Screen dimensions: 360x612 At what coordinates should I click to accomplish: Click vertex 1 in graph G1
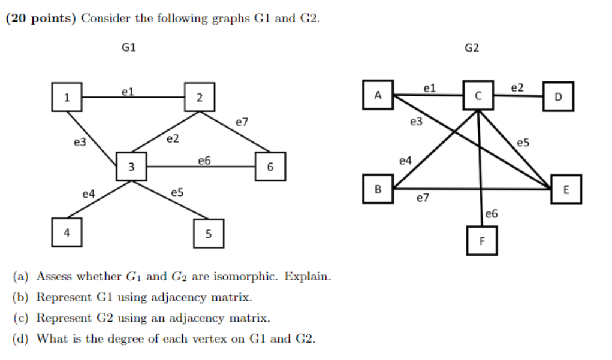(x=67, y=97)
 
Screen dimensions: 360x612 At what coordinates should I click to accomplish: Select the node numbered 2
(x=200, y=98)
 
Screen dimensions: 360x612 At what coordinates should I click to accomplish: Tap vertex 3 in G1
(x=131, y=167)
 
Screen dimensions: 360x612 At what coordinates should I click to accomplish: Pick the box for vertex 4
(x=67, y=233)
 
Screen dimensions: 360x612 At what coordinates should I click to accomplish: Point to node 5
(x=209, y=234)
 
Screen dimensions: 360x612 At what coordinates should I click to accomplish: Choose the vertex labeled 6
(x=270, y=167)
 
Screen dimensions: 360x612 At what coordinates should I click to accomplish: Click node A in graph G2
(x=378, y=95)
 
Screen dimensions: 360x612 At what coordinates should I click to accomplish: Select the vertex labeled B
(x=378, y=189)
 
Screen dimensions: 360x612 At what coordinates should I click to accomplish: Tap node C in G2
(x=478, y=95)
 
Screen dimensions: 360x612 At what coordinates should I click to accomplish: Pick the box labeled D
(x=558, y=96)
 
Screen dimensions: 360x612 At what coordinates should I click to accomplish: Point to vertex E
(x=566, y=190)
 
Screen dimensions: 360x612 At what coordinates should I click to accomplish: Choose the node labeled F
(x=482, y=241)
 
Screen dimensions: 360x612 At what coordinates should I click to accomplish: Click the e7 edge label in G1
(x=242, y=122)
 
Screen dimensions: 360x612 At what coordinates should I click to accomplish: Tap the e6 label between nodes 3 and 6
(x=204, y=161)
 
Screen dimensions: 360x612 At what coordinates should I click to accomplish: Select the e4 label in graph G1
(x=89, y=193)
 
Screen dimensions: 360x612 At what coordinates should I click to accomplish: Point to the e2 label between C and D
(x=517, y=88)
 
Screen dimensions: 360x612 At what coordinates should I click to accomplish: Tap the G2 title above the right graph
(x=472, y=47)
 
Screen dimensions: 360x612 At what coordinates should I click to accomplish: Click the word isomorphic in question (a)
(x=252, y=277)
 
